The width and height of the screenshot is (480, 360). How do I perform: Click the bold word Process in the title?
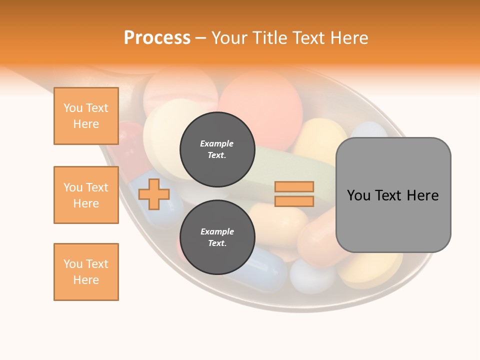(157, 38)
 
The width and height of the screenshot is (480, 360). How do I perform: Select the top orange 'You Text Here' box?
(86, 116)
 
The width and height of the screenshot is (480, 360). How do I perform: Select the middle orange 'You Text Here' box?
(86, 195)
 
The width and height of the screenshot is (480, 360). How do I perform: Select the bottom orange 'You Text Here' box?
(86, 272)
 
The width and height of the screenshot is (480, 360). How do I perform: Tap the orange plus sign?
(153, 194)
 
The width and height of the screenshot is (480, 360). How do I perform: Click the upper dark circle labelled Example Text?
(217, 149)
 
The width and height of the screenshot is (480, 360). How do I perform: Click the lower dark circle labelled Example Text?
(217, 237)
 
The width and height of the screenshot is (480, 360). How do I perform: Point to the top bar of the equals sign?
(294, 186)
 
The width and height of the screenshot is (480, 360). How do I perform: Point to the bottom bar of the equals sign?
(294, 201)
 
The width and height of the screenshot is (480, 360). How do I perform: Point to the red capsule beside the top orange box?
(128, 142)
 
